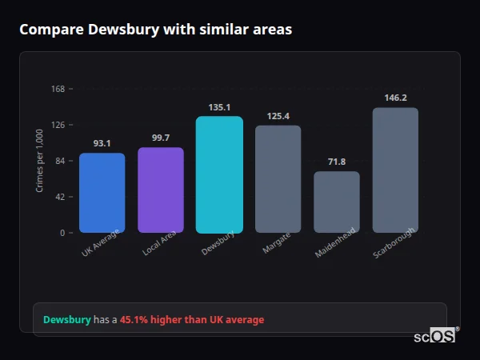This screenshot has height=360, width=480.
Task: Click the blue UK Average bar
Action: (x=102, y=193)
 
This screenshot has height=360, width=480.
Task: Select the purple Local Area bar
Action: (x=161, y=190)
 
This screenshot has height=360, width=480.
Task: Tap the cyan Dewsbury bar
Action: (x=219, y=174)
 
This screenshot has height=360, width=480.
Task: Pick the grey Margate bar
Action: (x=278, y=179)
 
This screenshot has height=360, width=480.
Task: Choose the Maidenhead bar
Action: (x=337, y=202)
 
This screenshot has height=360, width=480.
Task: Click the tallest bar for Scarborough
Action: (x=395, y=170)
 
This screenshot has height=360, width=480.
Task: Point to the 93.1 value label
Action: (x=102, y=143)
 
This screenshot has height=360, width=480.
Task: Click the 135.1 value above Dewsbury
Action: (x=219, y=107)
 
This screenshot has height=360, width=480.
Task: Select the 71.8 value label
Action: (x=337, y=162)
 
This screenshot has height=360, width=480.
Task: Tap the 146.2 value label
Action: (x=395, y=98)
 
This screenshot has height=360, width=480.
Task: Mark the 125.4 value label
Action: (x=278, y=116)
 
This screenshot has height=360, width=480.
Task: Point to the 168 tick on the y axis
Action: (x=58, y=89)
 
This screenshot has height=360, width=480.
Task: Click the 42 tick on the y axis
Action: (x=60, y=197)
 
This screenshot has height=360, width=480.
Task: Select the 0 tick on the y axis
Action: (x=62, y=233)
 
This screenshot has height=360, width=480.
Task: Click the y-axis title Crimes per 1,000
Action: (x=40, y=161)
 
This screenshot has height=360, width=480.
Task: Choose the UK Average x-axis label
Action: (x=100, y=242)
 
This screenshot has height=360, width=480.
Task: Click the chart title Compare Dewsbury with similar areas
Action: (x=155, y=30)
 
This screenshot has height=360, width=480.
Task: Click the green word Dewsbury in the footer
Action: (x=66, y=320)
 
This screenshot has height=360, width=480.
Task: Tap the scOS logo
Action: (x=435, y=336)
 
